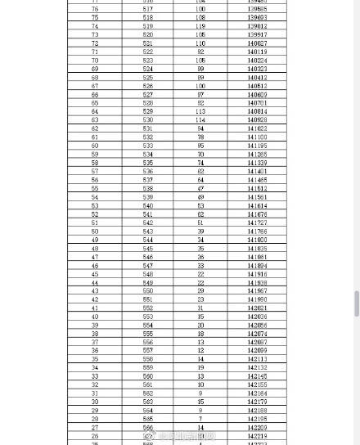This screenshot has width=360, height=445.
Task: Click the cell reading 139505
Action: coord(257,9)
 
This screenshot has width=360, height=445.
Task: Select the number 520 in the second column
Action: coord(147,35)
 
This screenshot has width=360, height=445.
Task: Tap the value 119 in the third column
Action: coord(200,26)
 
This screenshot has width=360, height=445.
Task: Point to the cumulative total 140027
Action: coord(257,43)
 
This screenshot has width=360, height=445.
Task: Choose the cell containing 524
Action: coord(147,69)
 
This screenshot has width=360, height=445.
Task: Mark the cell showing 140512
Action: coord(257,86)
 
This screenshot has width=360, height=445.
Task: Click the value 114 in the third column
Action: coord(200,120)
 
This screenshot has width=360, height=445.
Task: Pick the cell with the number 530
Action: coord(147,120)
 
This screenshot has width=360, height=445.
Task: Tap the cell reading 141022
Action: coord(257,128)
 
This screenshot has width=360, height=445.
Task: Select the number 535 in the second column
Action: coord(147,163)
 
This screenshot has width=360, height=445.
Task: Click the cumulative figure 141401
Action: coord(257,172)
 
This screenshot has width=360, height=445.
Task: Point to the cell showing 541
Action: coord(147,214)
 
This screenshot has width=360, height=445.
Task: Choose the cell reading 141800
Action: coord(257,240)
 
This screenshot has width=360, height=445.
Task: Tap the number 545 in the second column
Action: coord(147,249)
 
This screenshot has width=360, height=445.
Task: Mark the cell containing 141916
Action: coord(257,274)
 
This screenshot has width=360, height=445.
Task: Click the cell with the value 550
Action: coord(147,291)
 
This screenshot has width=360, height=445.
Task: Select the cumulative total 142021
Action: coord(257,308)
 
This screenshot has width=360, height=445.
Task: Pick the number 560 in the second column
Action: coord(147,376)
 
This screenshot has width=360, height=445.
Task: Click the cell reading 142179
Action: coord(257,402)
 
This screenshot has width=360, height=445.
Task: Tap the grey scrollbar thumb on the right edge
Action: coord(356,303)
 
